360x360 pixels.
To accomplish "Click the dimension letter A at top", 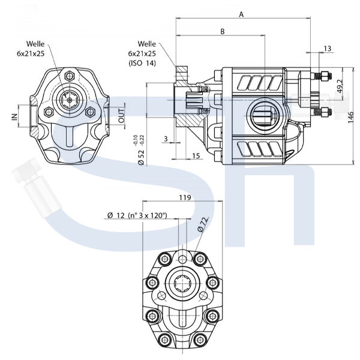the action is point(241,14).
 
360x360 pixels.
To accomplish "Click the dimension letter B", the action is point(222,31).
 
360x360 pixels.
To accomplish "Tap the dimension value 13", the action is point(328,49).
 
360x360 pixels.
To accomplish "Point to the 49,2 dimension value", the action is point(340,86).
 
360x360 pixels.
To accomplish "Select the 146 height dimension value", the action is point(350,118).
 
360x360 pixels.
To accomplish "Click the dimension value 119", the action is point(185,197).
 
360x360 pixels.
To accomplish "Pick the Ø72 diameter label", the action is point(203,224).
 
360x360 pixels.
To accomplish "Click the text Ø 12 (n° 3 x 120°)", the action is point(137,215).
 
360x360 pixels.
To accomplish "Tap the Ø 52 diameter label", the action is point(141,157).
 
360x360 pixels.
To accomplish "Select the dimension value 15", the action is point(196,156).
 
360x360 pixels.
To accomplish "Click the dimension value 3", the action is point(166,139).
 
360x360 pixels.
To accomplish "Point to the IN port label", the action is point(14,117).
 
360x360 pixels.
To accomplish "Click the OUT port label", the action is point(121,116).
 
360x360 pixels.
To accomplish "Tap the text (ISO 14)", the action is point(142,63).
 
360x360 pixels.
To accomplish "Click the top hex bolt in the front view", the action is point(69,76).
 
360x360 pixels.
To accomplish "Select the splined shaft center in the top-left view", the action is point(70,100).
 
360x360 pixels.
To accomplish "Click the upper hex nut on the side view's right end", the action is point(325,76).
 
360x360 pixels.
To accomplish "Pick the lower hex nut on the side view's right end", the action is point(325,112).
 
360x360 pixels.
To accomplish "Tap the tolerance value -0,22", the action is point(142,140).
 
